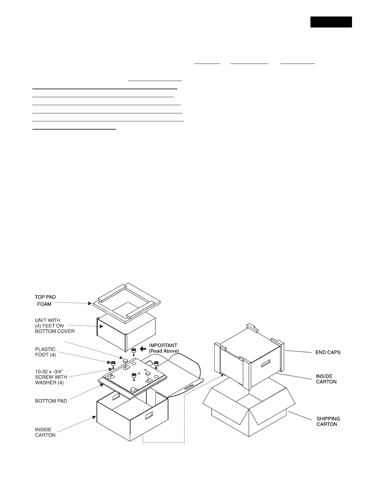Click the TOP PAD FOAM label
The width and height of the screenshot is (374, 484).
click(46, 300)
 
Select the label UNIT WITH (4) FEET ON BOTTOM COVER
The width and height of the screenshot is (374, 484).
click(54, 326)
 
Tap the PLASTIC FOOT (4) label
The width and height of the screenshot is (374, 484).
click(46, 352)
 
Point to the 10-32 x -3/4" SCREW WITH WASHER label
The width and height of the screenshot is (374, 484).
click(51, 377)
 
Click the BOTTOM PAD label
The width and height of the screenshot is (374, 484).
click(51, 401)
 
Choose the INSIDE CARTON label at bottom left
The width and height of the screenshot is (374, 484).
click(45, 432)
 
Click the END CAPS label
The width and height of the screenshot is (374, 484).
click(328, 352)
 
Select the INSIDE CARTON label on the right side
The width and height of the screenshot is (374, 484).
click(326, 379)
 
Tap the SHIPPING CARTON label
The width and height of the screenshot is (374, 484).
click(328, 421)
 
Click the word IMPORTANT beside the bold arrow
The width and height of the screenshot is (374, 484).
click(163, 346)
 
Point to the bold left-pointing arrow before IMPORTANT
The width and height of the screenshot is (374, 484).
click(143, 349)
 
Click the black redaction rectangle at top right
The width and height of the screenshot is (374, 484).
click(331, 22)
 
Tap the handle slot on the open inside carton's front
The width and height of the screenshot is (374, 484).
click(149, 416)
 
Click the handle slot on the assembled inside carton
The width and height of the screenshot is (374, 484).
click(265, 363)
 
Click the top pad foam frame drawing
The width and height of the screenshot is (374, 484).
click(126, 301)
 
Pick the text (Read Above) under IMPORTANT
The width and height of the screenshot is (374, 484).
click(164, 351)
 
